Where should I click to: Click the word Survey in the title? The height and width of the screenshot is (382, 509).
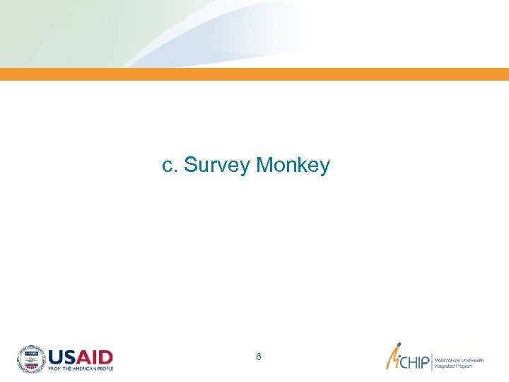pos(217,166)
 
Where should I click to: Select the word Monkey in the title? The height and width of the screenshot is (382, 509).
pos(293,166)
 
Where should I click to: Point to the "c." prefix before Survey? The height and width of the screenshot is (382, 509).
pos(170,166)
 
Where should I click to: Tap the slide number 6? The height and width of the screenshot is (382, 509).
pos(259,357)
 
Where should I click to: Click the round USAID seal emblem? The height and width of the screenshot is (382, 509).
pos(31,359)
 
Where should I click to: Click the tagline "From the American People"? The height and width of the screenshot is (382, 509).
pos(80,369)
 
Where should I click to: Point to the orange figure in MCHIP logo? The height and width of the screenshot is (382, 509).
pos(393,358)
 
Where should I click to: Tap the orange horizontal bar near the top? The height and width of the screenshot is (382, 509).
pos(255,74)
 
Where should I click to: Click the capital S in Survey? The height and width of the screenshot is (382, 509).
pos(189,166)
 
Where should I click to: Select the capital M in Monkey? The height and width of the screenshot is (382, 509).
pos(265,166)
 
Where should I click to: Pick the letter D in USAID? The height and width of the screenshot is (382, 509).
pos(105,356)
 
